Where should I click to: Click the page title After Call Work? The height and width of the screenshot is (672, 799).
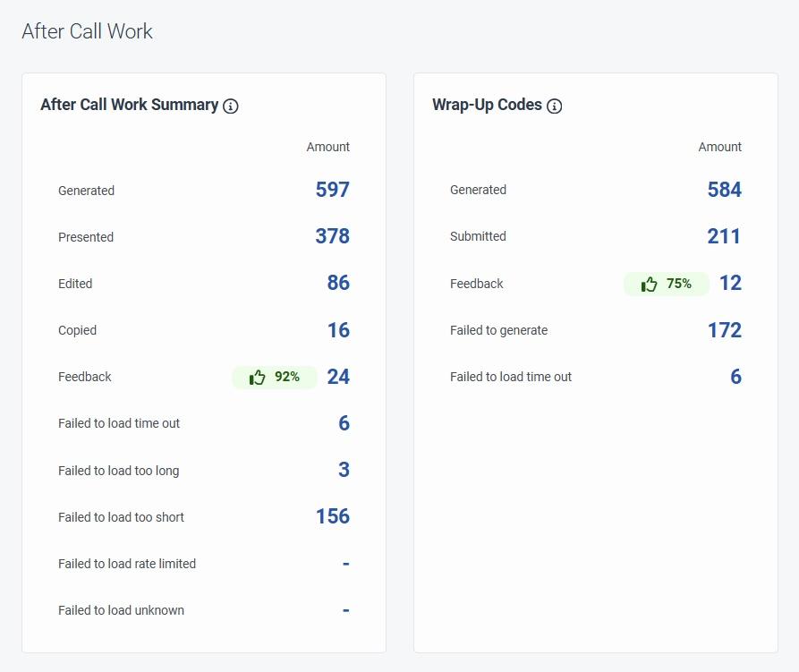pos(87,31)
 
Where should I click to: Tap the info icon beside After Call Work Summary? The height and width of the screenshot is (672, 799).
pos(231,106)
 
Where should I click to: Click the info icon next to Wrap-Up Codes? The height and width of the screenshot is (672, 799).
pos(555,106)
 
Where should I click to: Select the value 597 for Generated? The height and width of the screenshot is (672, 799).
pos(332,190)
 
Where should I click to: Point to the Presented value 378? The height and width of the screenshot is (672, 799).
pos(332,236)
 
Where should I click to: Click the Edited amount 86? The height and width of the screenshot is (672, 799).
pos(338,283)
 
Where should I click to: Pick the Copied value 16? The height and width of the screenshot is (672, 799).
pos(338,330)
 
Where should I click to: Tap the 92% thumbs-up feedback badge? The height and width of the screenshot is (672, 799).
pos(275,377)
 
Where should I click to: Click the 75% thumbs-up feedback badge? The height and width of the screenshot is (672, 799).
pos(667,284)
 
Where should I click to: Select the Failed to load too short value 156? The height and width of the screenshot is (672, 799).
pos(332,516)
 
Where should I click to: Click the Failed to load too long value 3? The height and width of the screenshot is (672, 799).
pos(344,470)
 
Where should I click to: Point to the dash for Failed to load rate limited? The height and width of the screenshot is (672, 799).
pos(345,564)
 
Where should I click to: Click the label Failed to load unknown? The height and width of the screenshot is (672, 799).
pos(121,610)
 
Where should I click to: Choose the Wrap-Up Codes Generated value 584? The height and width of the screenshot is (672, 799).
pos(724,190)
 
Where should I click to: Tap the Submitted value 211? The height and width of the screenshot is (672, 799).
pos(724,236)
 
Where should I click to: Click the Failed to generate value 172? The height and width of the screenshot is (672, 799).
pos(724,330)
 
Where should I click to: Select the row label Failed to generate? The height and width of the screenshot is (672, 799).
pos(498,330)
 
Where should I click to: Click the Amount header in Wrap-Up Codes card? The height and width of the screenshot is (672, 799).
pos(719,147)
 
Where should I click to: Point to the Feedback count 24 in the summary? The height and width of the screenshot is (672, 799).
pos(338,377)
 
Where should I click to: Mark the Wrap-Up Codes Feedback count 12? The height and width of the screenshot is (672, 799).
pos(730,284)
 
